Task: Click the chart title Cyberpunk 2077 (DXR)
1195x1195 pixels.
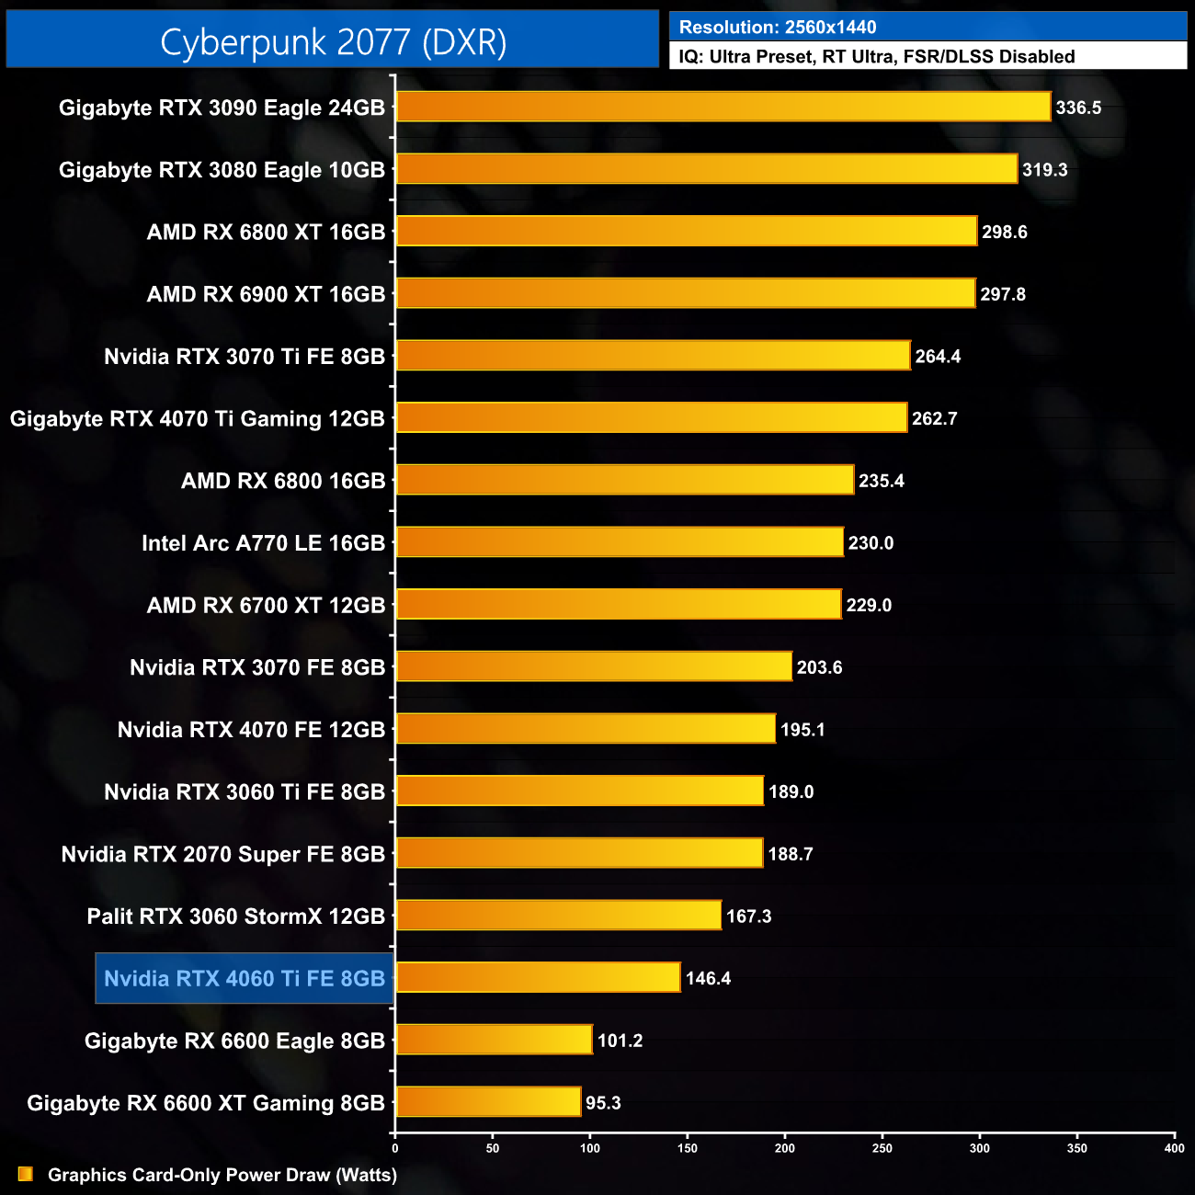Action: click(x=333, y=42)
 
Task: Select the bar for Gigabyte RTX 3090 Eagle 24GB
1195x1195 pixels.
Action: click(x=723, y=107)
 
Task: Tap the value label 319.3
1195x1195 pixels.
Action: click(x=1044, y=170)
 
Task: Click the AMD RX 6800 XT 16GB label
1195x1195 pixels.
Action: click(x=266, y=233)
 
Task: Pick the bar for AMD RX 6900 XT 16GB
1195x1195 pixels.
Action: click(x=685, y=293)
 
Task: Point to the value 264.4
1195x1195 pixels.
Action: click(x=938, y=357)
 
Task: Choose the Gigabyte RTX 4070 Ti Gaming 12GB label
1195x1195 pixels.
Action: click(x=197, y=419)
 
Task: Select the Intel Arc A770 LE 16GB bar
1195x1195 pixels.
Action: click(x=619, y=542)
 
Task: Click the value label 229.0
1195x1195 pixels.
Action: click(x=869, y=606)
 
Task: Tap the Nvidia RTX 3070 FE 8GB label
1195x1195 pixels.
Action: click(x=256, y=667)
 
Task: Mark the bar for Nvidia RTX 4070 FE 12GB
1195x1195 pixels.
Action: click(x=585, y=729)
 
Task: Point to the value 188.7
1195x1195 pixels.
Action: click(x=791, y=854)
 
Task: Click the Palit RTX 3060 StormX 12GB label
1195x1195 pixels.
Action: click(x=235, y=916)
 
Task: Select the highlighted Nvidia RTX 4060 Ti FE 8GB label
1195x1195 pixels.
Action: click(x=245, y=978)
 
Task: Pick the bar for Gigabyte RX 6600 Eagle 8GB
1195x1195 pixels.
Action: click(x=494, y=1040)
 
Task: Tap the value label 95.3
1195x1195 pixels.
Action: click(x=603, y=1103)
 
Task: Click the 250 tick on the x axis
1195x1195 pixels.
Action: click(x=882, y=1148)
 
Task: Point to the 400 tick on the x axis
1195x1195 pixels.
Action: click(x=1174, y=1148)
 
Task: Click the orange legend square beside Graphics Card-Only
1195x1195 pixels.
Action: click(x=26, y=1174)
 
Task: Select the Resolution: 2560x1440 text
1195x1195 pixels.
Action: click(x=778, y=28)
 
